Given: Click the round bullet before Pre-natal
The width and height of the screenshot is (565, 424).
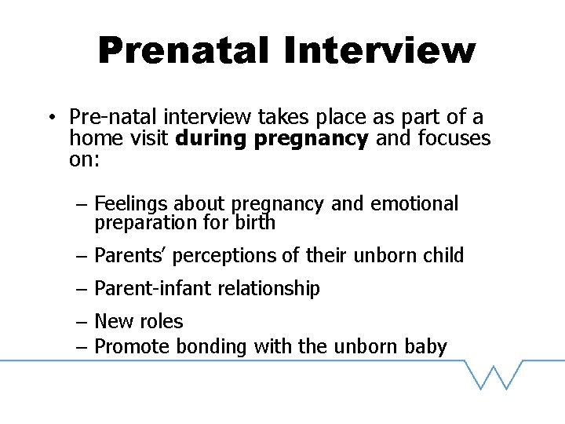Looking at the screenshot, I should click(x=49, y=118).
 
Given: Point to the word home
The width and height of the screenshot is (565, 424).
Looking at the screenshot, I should click(x=93, y=139).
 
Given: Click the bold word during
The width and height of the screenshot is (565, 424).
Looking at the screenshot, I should click(x=209, y=139).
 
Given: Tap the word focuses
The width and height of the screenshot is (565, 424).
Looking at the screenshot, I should click(x=455, y=139).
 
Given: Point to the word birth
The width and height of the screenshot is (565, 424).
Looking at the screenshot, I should click(x=255, y=223).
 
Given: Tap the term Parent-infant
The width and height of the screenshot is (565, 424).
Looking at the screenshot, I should click(x=143, y=289).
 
